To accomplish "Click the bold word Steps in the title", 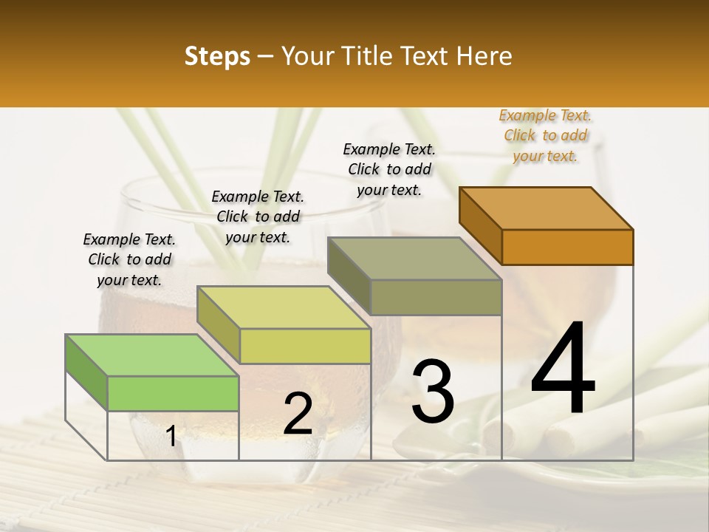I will [x=217, y=56].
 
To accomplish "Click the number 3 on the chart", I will [x=433, y=392].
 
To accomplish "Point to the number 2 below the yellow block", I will [x=298, y=414].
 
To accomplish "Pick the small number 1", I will [x=171, y=437].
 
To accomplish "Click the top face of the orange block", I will [x=547, y=208].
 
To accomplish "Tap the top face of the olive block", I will [x=415, y=259].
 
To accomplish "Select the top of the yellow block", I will [x=284, y=307].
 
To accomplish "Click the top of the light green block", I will [x=152, y=355].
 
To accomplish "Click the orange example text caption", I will [x=546, y=136].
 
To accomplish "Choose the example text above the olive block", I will [x=389, y=169].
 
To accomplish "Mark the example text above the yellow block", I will [x=258, y=216].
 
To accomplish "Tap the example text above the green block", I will [x=129, y=260].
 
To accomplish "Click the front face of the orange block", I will [x=567, y=247].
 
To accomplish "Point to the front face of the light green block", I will [x=173, y=393].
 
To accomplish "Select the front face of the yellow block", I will [x=305, y=346].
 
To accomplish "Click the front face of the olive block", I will [x=436, y=297].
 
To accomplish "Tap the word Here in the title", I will [x=484, y=56].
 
